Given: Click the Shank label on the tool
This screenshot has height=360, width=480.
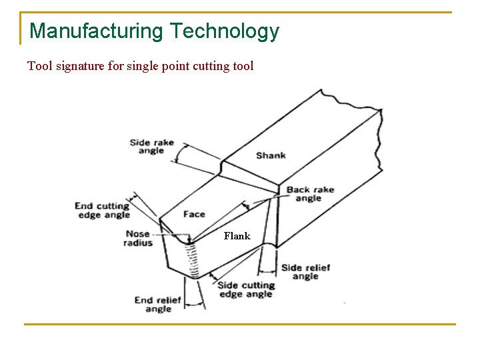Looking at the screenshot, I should click(x=271, y=155).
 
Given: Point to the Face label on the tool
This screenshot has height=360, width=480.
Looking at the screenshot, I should click(x=194, y=214).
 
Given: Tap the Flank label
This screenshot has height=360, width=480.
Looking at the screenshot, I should click(x=237, y=236).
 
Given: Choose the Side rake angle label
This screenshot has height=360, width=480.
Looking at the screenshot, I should click(x=151, y=147).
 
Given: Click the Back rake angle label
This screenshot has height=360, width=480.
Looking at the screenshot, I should click(x=310, y=194).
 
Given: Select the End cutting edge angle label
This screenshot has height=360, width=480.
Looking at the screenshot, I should click(x=102, y=211).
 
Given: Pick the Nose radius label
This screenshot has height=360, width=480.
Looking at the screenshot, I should click(x=137, y=239).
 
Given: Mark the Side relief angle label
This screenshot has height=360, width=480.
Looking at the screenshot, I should click(x=305, y=272).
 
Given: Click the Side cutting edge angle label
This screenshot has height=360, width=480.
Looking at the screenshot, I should click(x=245, y=290).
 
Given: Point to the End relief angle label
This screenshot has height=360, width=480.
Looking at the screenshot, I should click(x=158, y=305).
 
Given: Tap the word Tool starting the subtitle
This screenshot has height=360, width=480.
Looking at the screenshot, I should click(x=38, y=66).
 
